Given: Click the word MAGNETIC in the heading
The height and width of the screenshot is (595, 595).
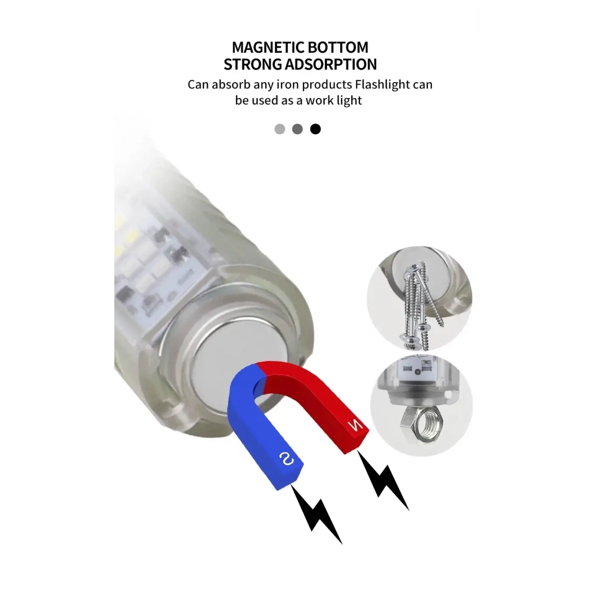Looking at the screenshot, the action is tap(268, 48).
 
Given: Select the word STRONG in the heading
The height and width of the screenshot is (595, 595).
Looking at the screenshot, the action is tap(252, 65).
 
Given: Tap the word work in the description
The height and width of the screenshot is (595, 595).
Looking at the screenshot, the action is tap(316, 100).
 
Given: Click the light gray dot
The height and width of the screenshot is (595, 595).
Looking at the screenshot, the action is tap(280, 129).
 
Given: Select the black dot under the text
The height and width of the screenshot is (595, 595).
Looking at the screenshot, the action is tap(315, 129).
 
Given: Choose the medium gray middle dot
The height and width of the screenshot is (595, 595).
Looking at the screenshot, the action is tap(297, 129).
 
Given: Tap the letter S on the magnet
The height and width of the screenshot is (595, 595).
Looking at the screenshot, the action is tap(287, 459).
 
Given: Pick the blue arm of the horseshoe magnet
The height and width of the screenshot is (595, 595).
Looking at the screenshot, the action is tap(259, 432).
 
